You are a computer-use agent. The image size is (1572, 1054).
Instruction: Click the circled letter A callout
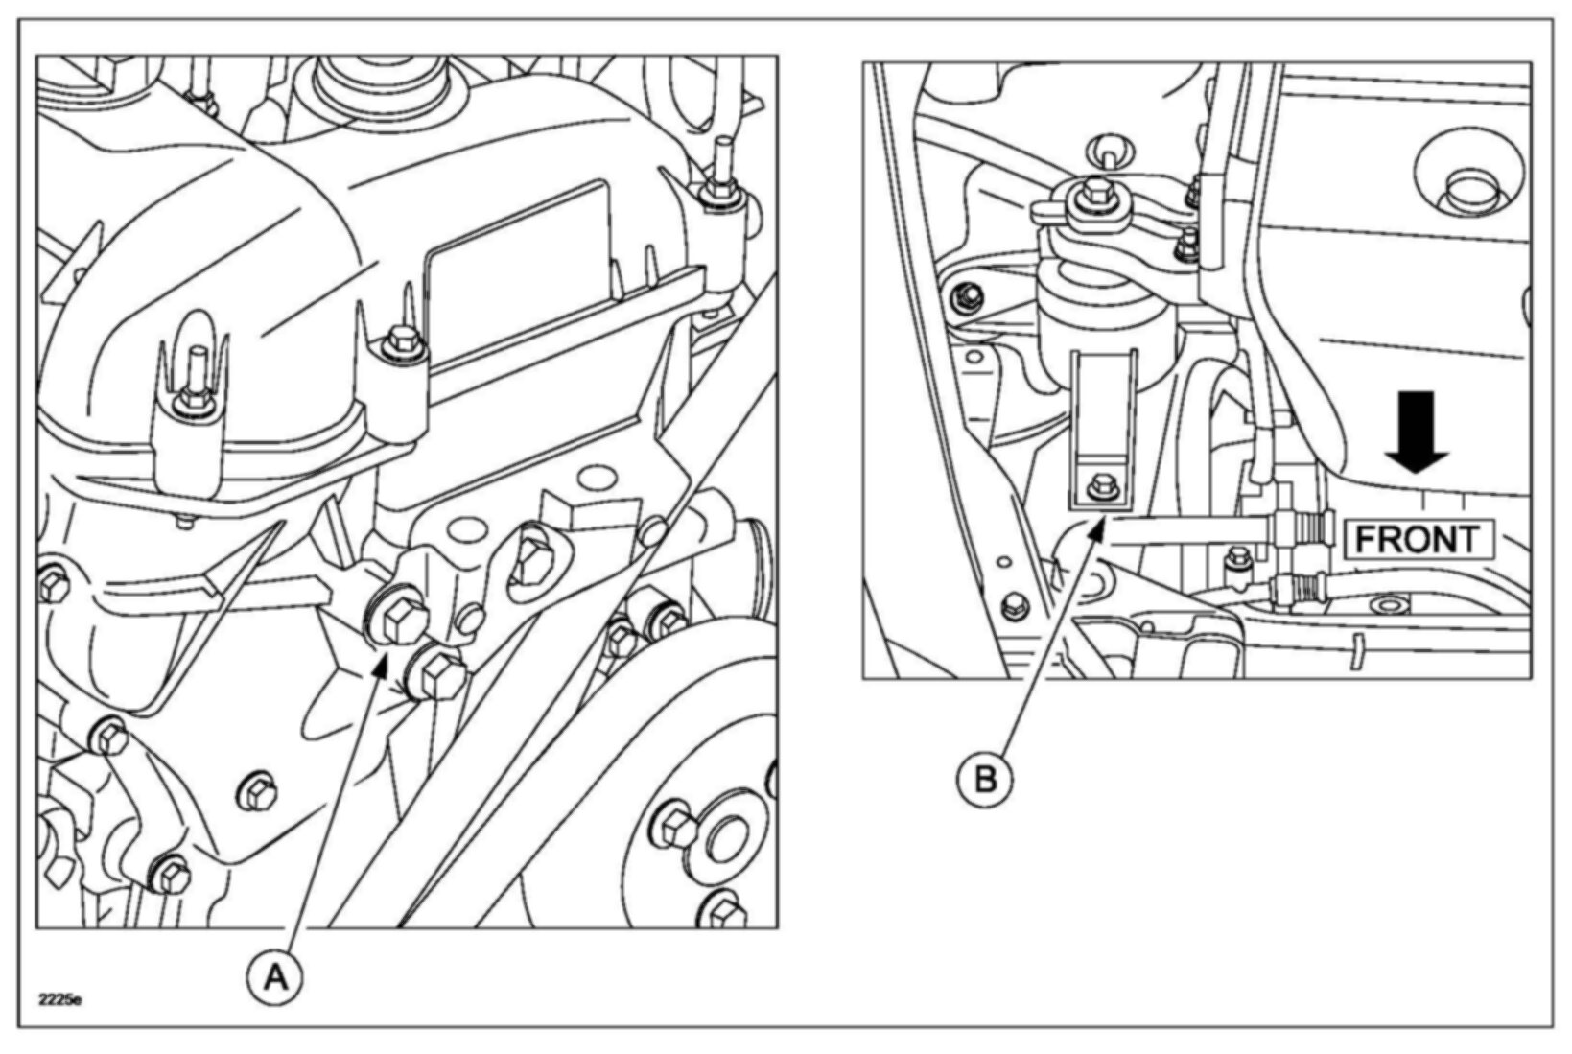[275, 977]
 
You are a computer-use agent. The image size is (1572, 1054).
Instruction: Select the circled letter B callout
[985, 779]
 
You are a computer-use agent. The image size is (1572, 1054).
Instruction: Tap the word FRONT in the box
[1417, 540]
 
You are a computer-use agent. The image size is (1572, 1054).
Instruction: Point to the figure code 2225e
[59, 1000]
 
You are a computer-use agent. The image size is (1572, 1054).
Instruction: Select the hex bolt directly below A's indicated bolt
[436, 672]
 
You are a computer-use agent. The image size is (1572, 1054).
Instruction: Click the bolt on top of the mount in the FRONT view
[1092, 194]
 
